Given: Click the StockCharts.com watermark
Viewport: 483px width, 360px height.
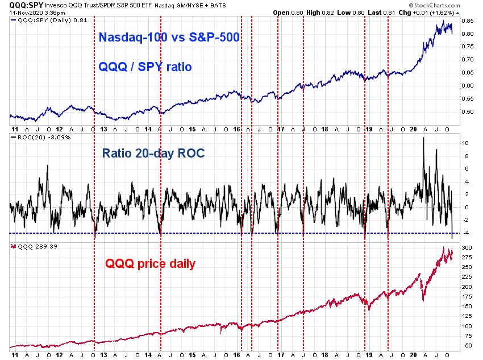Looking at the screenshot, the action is (x=434, y=5).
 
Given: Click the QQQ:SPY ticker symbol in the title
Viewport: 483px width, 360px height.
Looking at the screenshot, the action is (x=26, y=5).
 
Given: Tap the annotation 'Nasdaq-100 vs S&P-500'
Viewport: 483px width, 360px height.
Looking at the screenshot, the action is (x=169, y=37).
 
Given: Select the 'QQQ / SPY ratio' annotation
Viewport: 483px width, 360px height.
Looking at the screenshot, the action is (x=145, y=67).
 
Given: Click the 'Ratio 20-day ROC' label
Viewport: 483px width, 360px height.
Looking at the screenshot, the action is (x=153, y=153).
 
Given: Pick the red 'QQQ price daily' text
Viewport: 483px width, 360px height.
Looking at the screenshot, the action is (x=151, y=264).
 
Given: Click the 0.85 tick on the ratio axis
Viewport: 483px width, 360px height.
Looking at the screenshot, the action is (x=468, y=21).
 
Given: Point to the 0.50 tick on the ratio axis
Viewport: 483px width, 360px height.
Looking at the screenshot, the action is (x=468, y=112).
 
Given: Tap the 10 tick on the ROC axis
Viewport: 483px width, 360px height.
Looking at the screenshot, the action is (x=465, y=143).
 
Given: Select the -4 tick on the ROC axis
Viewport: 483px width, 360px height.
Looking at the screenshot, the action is (x=466, y=233).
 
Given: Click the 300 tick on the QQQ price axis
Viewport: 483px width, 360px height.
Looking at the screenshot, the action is (x=467, y=248).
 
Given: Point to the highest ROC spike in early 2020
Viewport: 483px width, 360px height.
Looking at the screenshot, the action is (x=423, y=138).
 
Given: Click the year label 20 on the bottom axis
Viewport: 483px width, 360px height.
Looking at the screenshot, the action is (x=413, y=355).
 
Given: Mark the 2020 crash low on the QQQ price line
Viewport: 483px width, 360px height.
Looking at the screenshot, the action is (x=423, y=300).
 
